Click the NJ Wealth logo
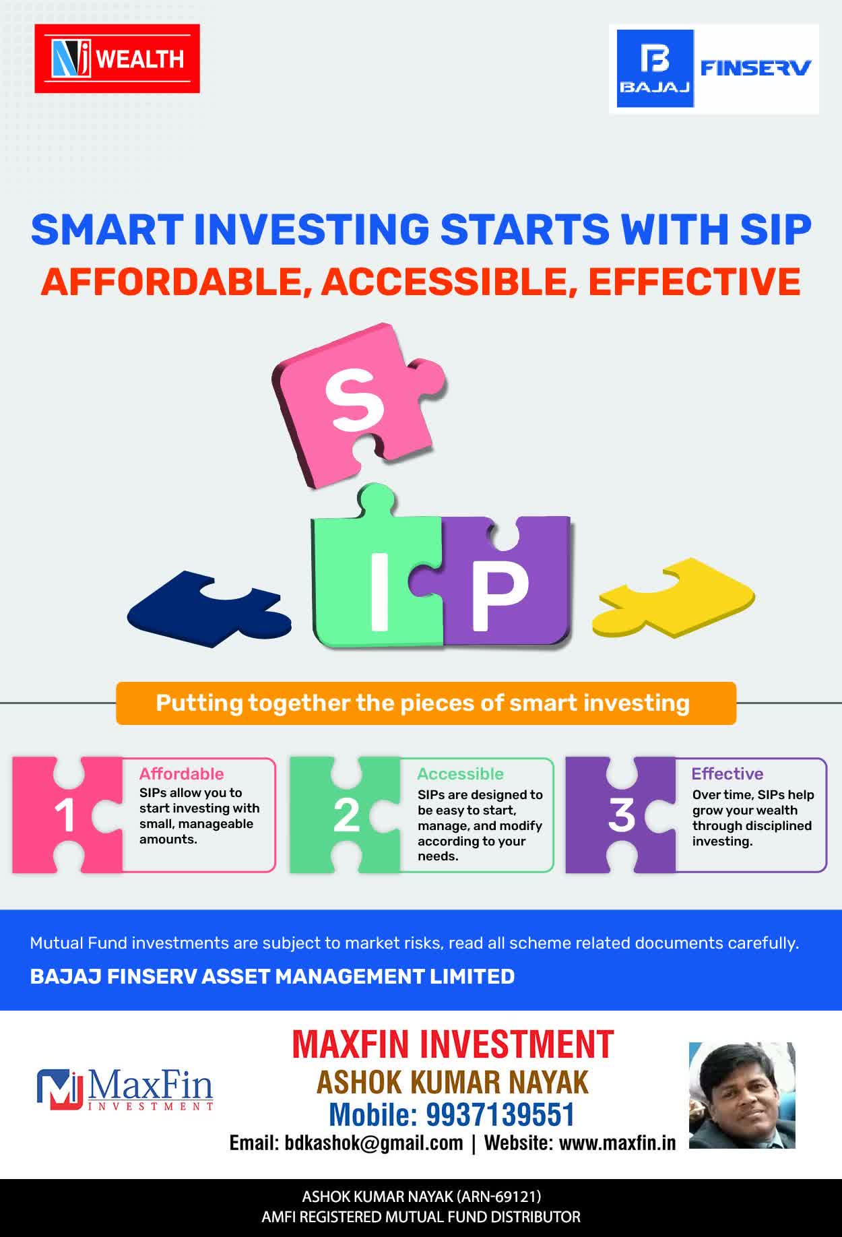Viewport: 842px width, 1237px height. (117, 59)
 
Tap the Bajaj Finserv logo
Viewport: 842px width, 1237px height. (714, 69)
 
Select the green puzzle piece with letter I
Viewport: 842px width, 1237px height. (377, 573)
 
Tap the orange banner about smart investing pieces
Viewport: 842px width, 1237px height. (426, 703)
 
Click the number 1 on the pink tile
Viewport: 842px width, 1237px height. (65, 815)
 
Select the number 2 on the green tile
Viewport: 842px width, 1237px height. (346, 815)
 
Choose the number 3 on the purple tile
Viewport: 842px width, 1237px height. (622, 815)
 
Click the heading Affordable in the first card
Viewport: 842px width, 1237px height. (181, 773)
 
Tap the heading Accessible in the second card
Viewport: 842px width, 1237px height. (460, 773)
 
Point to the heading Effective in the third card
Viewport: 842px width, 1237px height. (727, 773)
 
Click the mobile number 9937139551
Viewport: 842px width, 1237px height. (500, 1114)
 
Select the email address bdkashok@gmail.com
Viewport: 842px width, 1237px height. (374, 1143)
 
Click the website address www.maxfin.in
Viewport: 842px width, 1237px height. (617, 1143)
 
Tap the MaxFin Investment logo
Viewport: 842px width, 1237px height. (125, 1089)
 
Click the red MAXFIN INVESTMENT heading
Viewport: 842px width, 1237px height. (453, 1044)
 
